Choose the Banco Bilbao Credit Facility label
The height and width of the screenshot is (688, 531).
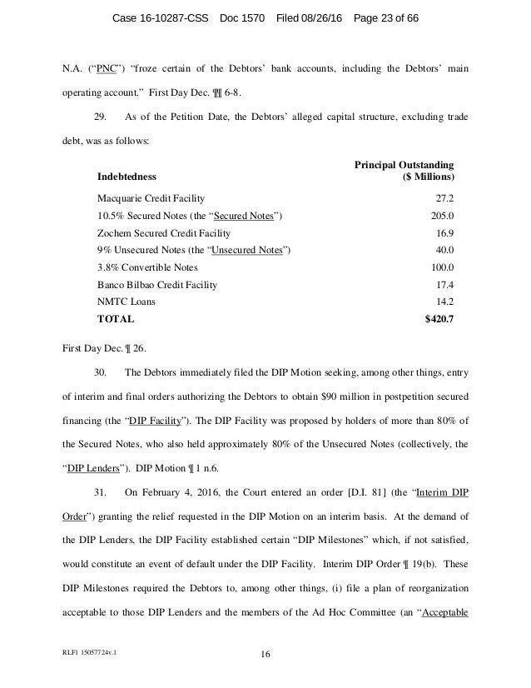pyautogui.click(x=157, y=285)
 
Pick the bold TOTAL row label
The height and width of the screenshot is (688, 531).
pyautogui.click(x=115, y=318)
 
